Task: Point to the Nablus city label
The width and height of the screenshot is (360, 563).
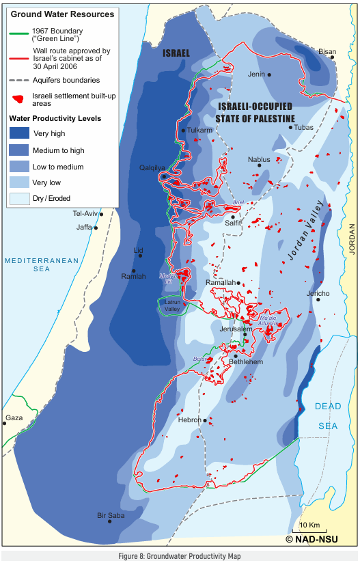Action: [259, 160]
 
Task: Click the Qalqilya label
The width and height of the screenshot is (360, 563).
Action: [152, 167]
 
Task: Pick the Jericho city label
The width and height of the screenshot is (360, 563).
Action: [318, 294]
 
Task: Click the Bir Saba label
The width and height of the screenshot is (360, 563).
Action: [111, 515]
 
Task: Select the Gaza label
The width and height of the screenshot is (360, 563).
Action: [14, 417]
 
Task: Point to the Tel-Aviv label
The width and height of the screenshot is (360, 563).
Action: [86, 213]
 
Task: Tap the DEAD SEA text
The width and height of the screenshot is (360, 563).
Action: [327, 416]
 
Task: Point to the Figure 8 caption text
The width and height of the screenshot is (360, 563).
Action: [180, 556]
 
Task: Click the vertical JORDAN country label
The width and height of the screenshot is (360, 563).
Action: [352, 239]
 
